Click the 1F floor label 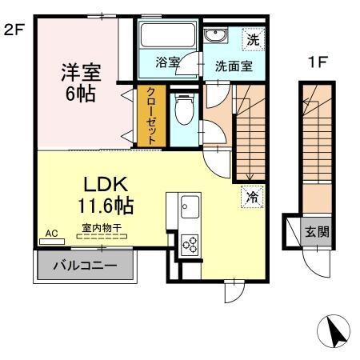[317, 62]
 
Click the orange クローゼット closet [150, 116]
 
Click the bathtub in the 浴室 [166, 38]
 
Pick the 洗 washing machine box [252, 37]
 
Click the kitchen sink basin [186, 208]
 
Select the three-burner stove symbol [191, 243]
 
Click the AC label [52, 234]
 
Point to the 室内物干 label [101, 228]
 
